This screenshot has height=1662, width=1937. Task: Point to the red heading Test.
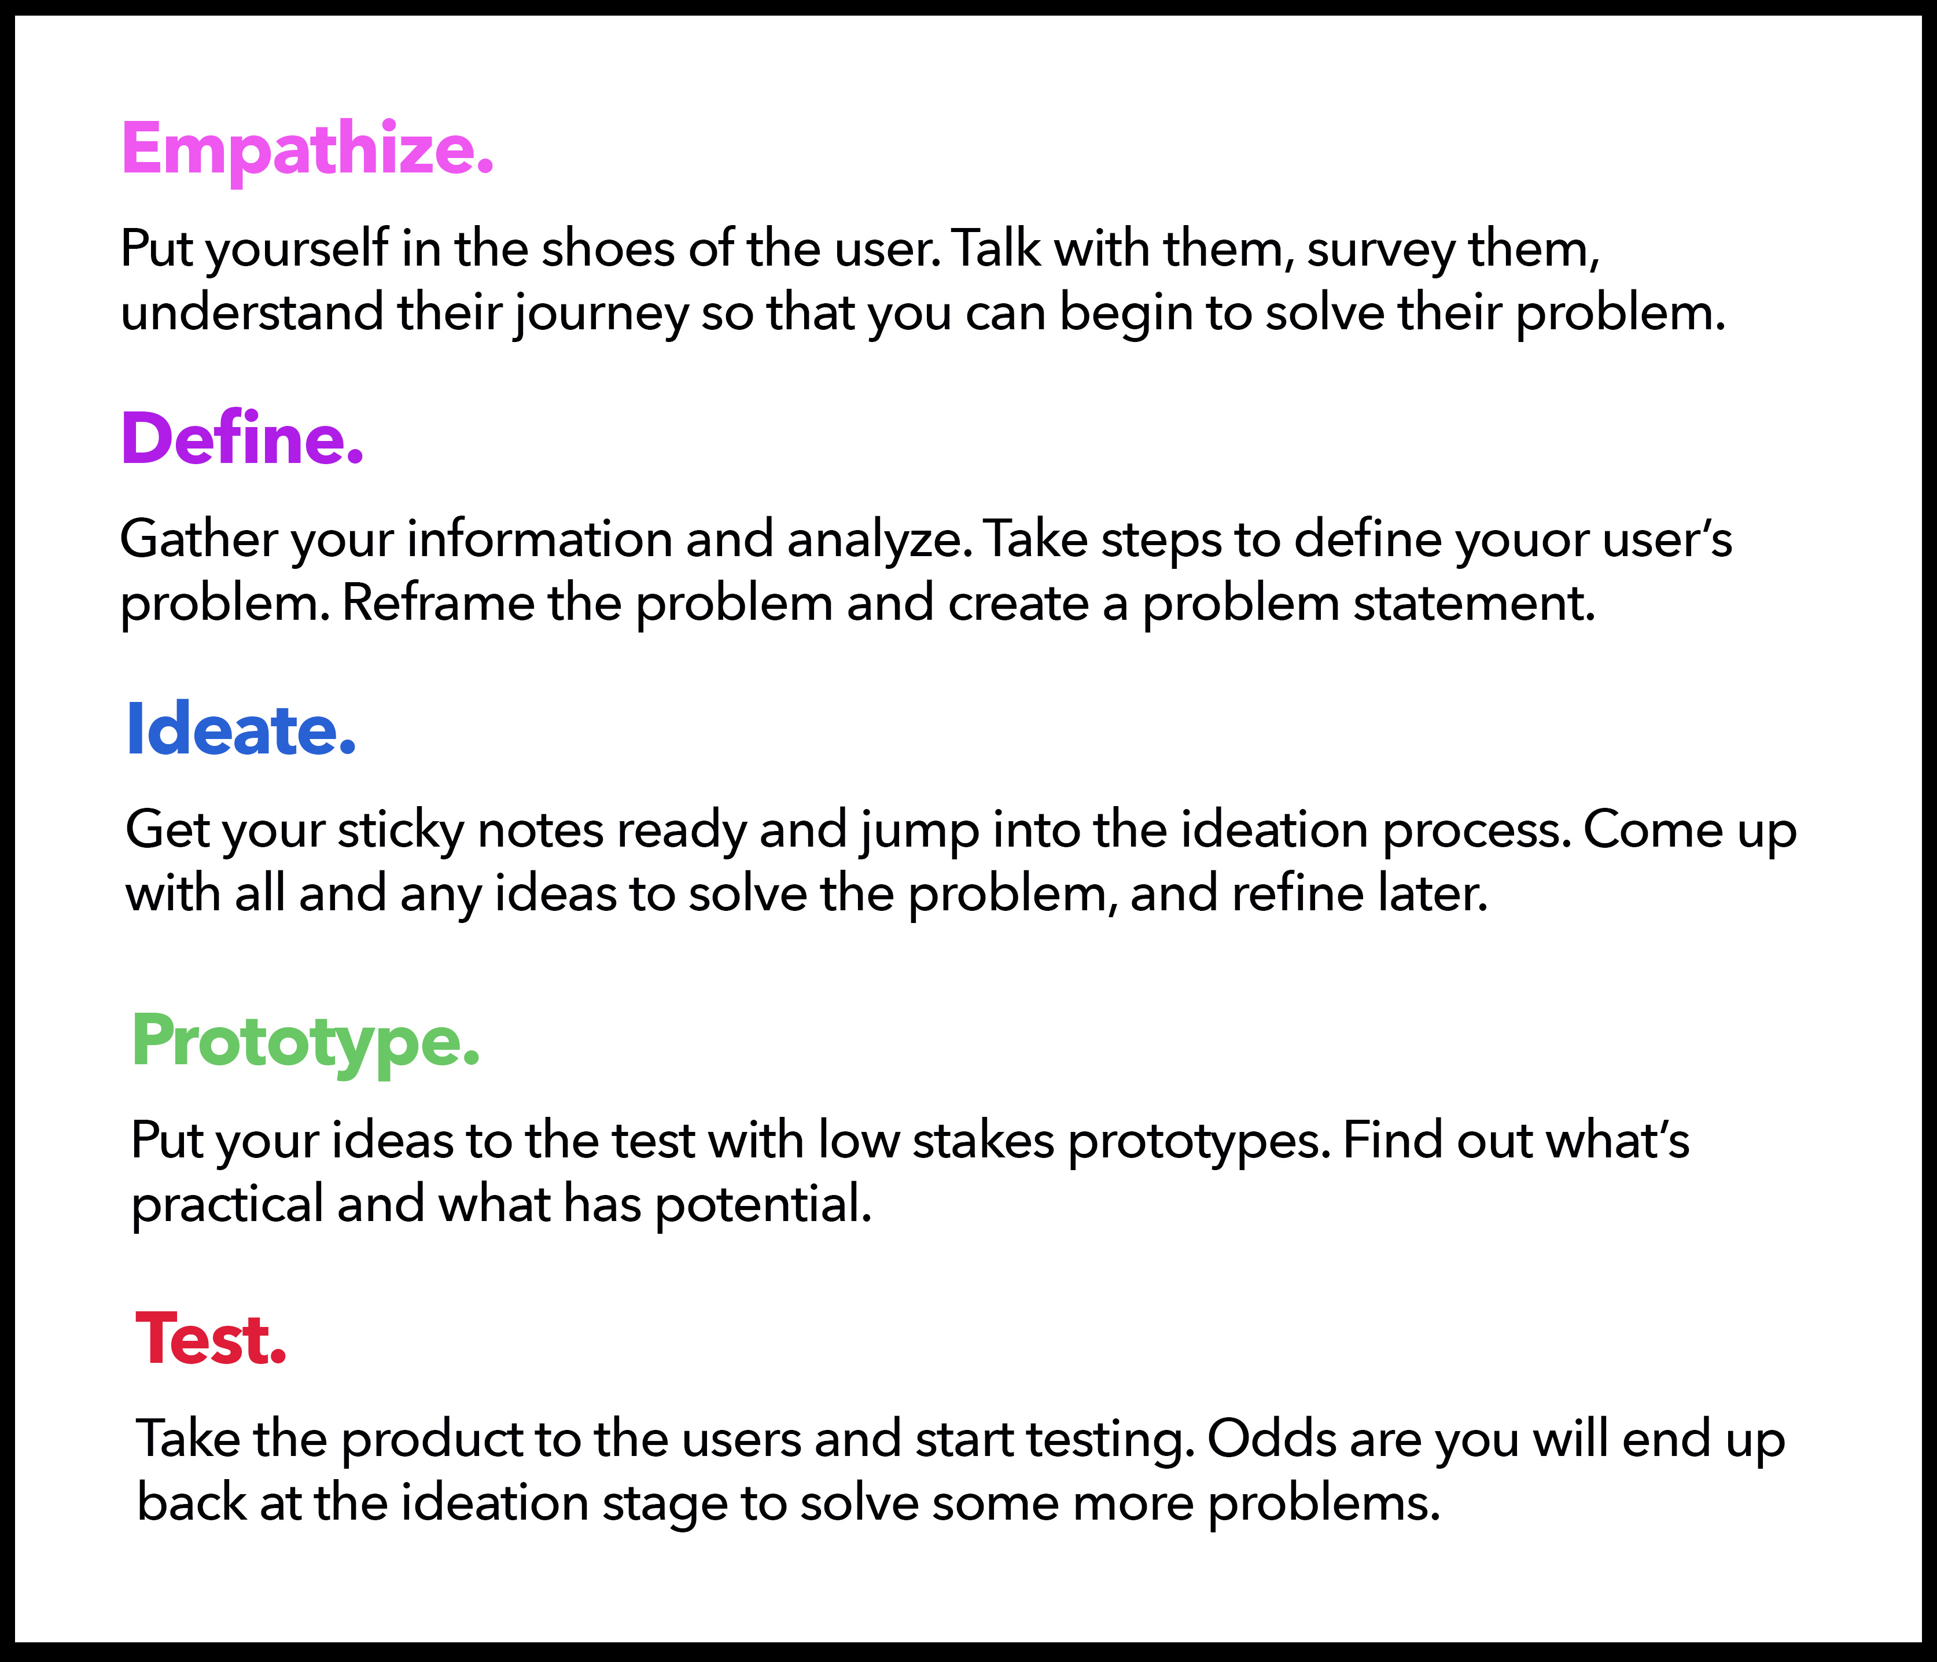(x=211, y=1339)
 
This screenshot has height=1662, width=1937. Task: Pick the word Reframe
(x=437, y=603)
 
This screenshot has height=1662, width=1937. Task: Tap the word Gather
(x=198, y=540)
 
